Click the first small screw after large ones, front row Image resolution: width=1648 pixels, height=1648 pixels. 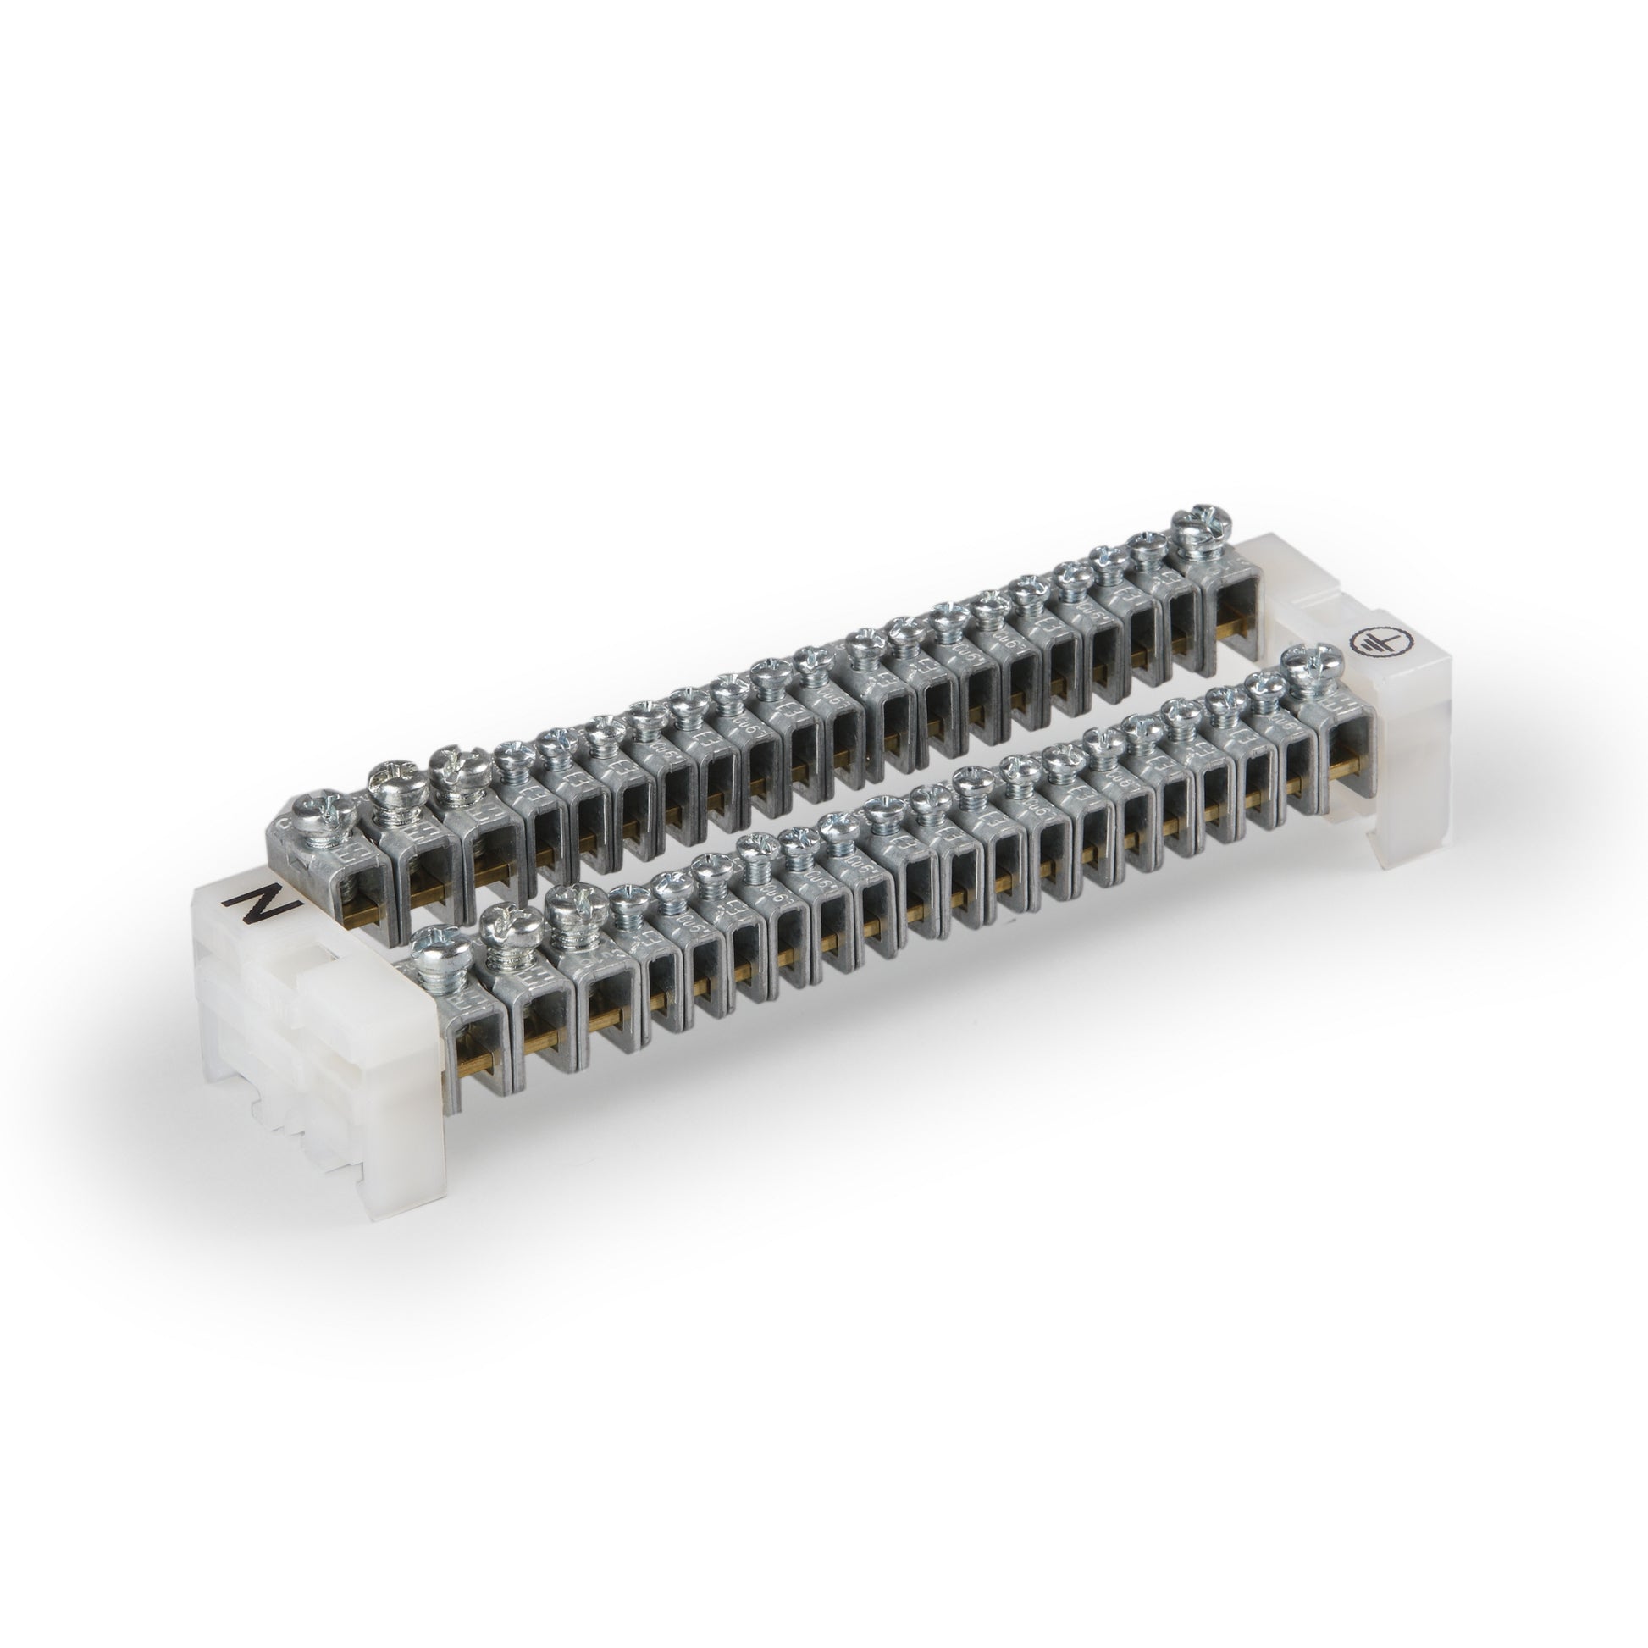click(x=629, y=899)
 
